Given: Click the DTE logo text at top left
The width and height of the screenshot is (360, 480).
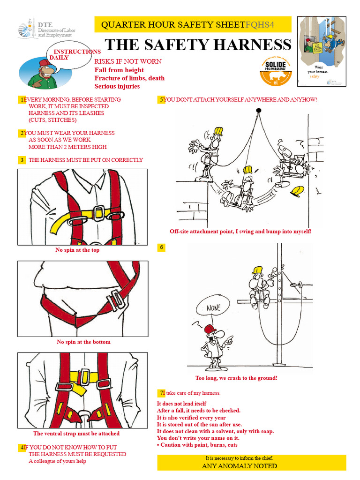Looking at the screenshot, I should pyautogui.click(x=45, y=24).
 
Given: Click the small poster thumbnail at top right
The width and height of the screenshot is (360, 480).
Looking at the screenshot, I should pyautogui.click(x=322, y=52).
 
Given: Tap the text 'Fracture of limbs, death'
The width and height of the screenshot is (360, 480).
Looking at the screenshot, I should pyautogui.click(x=129, y=78).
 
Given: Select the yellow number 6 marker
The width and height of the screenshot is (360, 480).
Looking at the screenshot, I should pyautogui.click(x=161, y=247).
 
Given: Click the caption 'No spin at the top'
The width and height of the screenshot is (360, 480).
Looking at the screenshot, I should pyautogui.click(x=77, y=250).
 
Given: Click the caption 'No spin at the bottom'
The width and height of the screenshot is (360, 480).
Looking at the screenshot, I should pyautogui.click(x=83, y=342).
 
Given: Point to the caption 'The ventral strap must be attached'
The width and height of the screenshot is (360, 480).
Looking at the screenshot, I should pyautogui.click(x=76, y=434).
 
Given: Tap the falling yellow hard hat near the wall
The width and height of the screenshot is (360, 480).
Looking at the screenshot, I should pyautogui.click(x=297, y=191).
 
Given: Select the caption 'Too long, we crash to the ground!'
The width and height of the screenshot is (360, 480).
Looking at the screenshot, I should pyautogui.click(x=236, y=378).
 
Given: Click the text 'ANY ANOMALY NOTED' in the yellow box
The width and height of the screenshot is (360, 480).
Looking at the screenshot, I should pyautogui.click(x=240, y=466).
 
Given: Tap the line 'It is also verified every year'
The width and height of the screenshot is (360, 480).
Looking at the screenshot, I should pyautogui.click(x=191, y=418).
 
